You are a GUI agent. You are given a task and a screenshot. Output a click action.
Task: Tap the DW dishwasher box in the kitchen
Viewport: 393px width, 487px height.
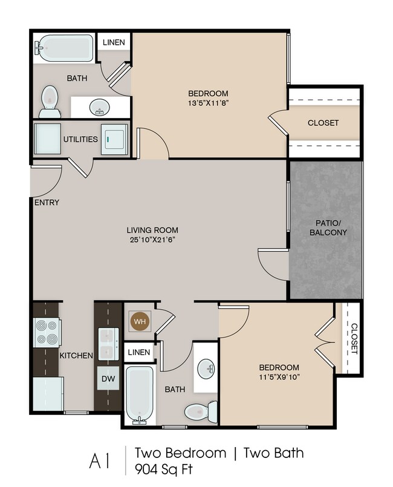coord(109,378)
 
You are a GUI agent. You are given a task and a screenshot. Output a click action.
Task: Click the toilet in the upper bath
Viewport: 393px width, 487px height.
coord(48,101)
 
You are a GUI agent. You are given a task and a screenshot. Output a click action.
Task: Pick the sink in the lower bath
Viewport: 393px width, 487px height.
coord(207,367)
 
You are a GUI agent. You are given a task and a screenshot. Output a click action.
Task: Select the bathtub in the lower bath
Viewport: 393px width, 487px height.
coord(140,394)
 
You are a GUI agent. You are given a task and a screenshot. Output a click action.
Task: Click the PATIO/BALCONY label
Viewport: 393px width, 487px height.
coord(326,227)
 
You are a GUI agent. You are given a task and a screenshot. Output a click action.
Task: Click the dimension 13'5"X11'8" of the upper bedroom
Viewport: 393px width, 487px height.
coord(208,103)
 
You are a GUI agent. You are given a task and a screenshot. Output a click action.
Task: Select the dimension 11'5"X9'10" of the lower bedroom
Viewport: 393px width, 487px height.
coord(279,378)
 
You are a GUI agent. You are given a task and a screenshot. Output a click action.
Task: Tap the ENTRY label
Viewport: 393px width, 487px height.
coord(47,203)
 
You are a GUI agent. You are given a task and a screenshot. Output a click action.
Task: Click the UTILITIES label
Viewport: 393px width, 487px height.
coord(80,139)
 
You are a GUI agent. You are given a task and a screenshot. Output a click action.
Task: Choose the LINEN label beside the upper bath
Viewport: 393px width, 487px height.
coord(114,42)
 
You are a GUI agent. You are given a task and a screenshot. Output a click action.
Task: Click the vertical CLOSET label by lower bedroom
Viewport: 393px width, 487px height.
coord(353,338)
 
